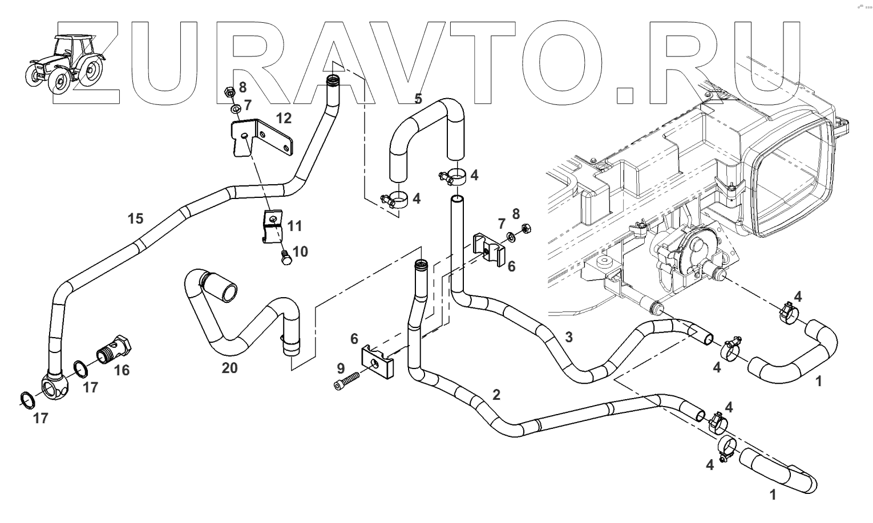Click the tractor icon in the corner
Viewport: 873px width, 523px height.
(x=66, y=63)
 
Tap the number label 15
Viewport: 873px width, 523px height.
(x=135, y=218)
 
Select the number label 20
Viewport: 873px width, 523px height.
(x=229, y=368)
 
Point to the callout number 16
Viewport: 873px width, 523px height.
(x=122, y=370)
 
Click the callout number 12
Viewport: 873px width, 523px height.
(x=284, y=118)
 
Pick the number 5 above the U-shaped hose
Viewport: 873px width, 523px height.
(x=418, y=99)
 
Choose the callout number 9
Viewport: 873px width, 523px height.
(x=341, y=368)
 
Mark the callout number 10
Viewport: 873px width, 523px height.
(x=300, y=251)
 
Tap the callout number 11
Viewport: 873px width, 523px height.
(x=294, y=226)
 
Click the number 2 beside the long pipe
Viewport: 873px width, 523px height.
(x=496, y=394)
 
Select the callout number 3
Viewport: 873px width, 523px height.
(x=568, y=337)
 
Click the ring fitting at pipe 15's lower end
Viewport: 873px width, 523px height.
(x=55, y=389)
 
